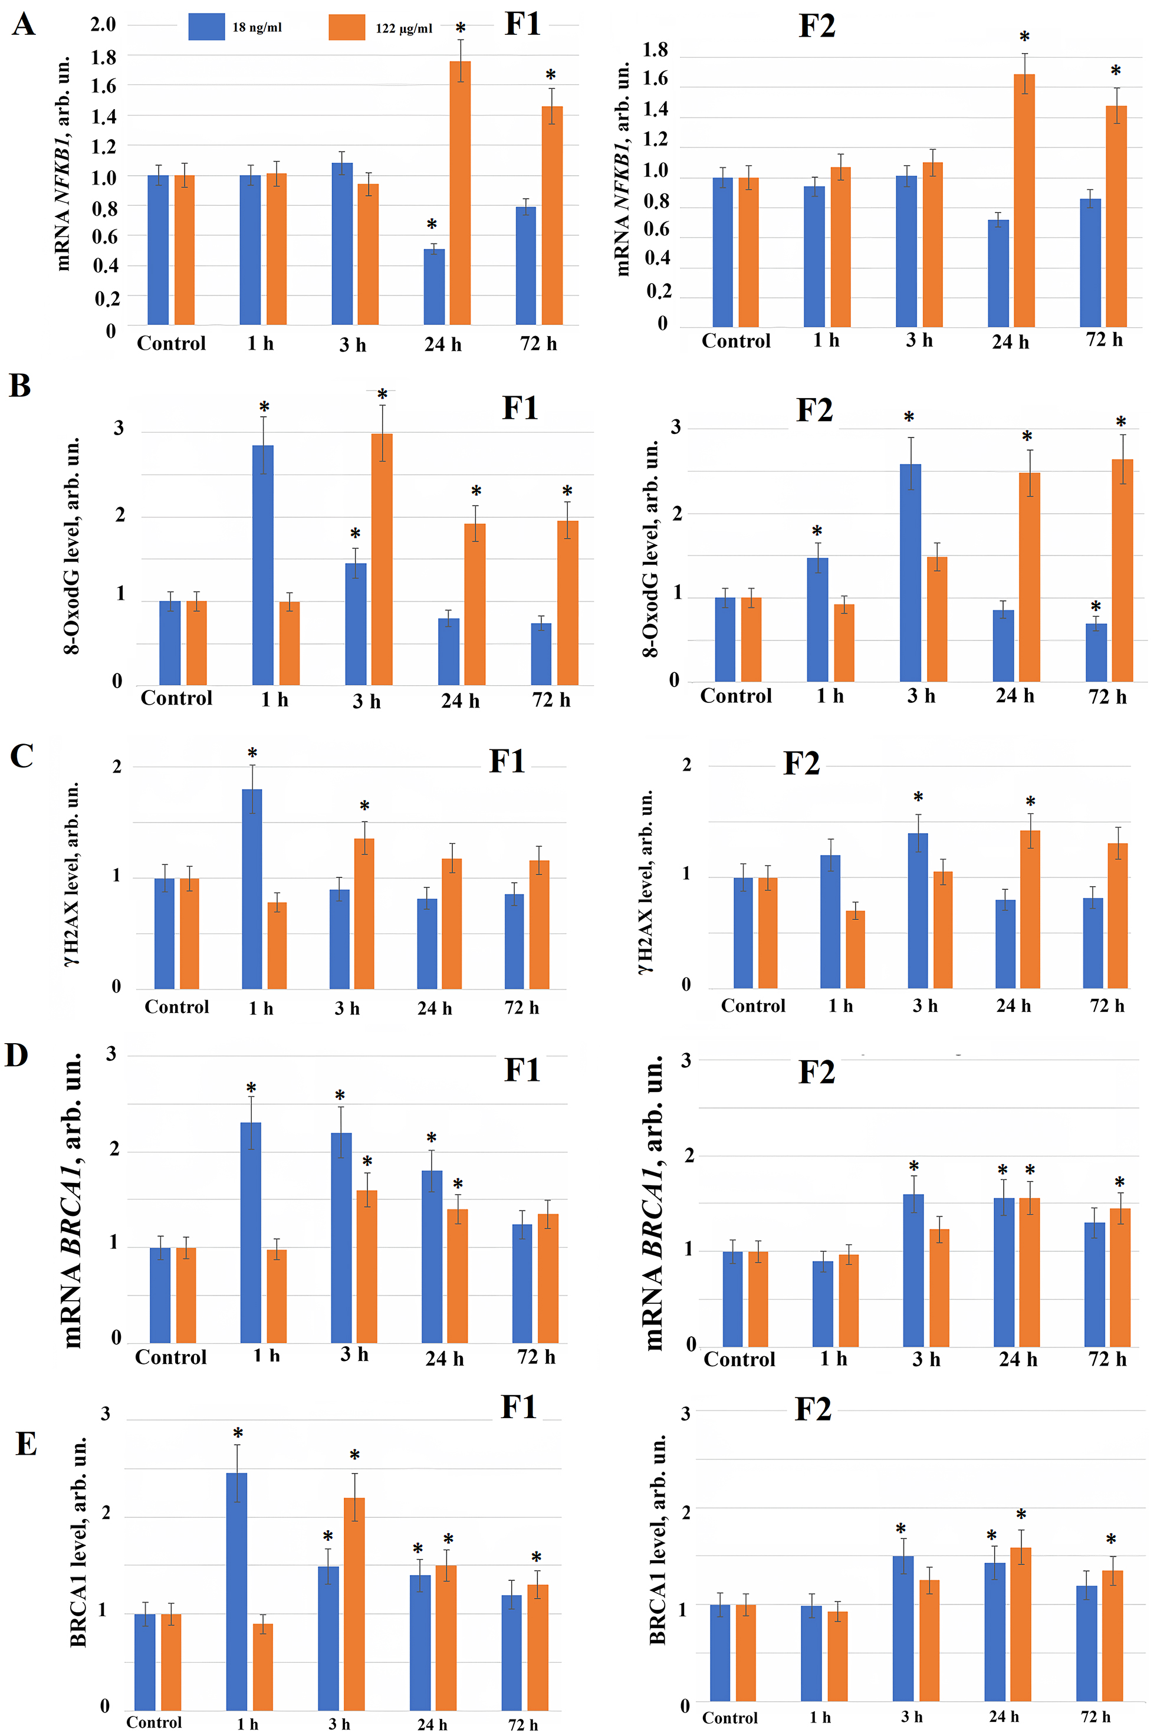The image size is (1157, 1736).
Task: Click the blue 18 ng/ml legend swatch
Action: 206,27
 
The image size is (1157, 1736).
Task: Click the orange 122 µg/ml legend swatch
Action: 346,27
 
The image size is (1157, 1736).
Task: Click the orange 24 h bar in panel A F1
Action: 460,193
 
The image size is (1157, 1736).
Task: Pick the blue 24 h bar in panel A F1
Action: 434,287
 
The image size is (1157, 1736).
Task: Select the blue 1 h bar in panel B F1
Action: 262,565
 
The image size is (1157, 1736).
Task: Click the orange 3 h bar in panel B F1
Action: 382,559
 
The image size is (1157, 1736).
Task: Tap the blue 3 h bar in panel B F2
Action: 911,573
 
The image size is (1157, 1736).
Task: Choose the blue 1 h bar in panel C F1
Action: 252,889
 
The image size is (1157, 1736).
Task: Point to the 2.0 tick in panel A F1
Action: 103,24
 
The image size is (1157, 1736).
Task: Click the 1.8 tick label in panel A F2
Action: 655,50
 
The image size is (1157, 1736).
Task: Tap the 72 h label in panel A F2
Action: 1104,340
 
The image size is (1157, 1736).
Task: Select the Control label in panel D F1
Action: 170,1357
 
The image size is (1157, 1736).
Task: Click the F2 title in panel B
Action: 814,410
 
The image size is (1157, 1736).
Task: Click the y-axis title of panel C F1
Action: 73,875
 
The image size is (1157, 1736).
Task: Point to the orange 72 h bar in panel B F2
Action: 1122,570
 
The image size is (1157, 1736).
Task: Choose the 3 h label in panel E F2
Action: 911,1717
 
